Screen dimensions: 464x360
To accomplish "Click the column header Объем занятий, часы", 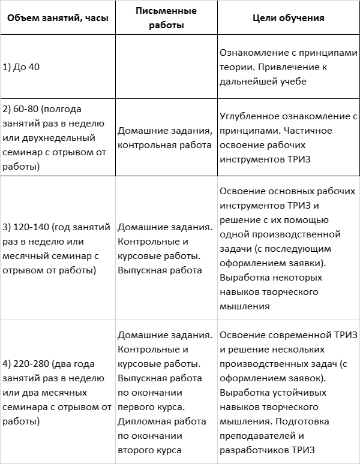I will point(57,18).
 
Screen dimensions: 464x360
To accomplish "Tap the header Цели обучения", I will point(289,18).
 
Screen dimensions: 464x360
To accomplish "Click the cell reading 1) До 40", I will point(22,67).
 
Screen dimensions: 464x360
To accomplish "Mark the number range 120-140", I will point(32,227).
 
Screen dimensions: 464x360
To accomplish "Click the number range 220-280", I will point(32,363).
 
